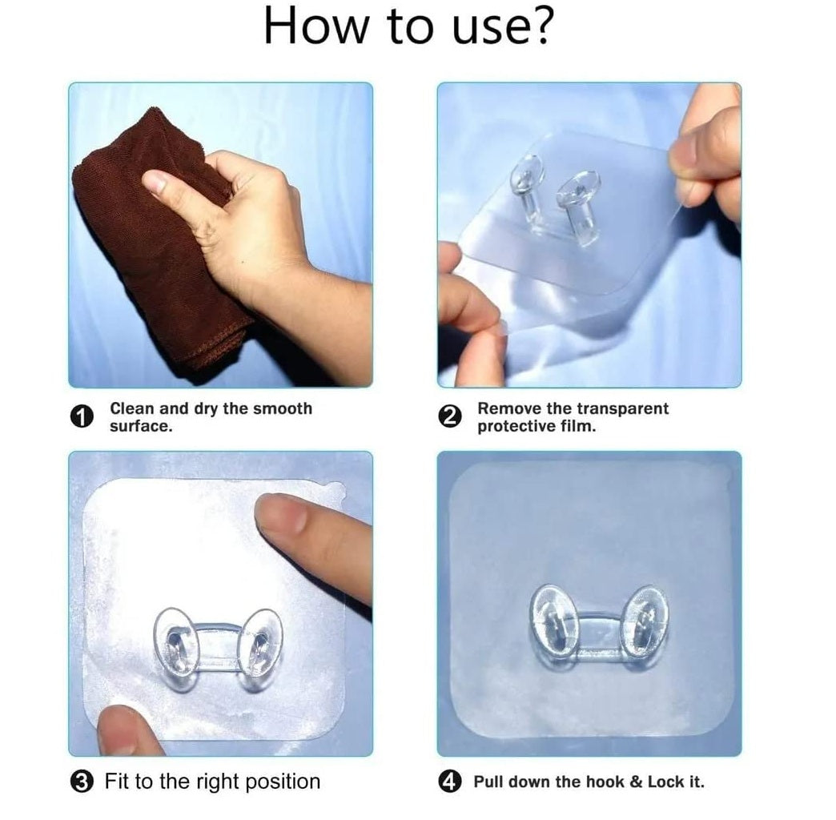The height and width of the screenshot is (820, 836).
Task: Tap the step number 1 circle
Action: tap(82, 416)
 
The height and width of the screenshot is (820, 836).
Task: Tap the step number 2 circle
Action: tap(450, 416)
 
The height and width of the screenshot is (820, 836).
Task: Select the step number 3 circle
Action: tap(82, 782)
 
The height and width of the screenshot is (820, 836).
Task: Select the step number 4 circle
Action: tap(450, 782)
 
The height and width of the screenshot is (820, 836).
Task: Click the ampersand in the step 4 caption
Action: tap(636, 782)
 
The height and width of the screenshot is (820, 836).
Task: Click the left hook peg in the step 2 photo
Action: tap(527, 187)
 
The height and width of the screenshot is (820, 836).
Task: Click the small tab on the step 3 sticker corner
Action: tap(336, 488)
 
